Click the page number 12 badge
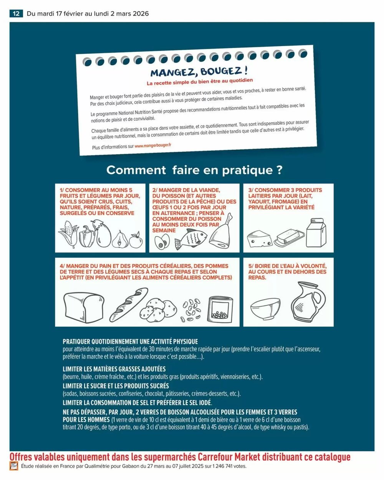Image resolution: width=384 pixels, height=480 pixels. pos(16,13)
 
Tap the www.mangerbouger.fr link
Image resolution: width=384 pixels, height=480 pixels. pos(153,146)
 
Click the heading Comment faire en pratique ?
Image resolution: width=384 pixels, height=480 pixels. pos(194,170)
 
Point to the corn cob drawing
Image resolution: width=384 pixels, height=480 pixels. pos(68,234)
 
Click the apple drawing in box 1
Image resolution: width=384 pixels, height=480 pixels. pos(136,240)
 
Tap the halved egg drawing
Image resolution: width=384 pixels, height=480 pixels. pos(162,242)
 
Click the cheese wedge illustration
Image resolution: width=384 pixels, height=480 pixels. pos(260,238)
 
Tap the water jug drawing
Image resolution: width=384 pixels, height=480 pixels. pos(308,302)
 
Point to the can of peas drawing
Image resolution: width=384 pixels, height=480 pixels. pos(220,310)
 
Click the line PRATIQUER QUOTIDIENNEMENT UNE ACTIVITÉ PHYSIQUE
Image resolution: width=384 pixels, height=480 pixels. pos(130,341)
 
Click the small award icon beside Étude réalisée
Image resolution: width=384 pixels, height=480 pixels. pos(14,466)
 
